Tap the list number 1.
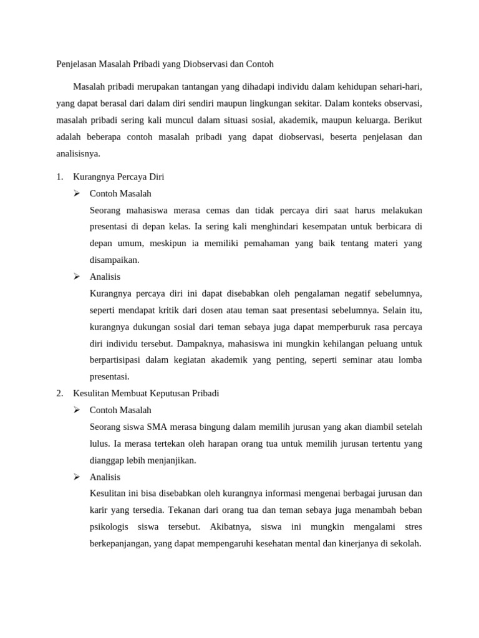point(59,177)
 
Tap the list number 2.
point(59,394)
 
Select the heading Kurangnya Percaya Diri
point(119,177)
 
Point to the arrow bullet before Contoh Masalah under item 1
point(77,193)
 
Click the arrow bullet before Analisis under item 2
point(77,477)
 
